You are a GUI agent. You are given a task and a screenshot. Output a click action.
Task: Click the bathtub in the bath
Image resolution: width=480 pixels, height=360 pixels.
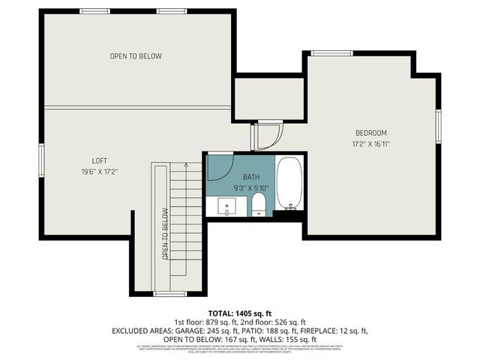(x=289, y=183)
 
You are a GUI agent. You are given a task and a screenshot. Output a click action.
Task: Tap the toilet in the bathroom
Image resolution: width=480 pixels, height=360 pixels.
(x=258, y=203)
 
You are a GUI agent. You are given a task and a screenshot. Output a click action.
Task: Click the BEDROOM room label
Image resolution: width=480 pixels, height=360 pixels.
(x=370, y=133)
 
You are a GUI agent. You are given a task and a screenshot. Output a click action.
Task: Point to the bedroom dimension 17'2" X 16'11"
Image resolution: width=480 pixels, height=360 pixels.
(x=370, y=143)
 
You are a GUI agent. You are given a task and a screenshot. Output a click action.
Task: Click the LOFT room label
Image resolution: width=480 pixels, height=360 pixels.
(x=100, y=160)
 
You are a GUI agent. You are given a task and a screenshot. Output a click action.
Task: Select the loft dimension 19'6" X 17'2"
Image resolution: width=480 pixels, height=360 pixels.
(x=100, y=171)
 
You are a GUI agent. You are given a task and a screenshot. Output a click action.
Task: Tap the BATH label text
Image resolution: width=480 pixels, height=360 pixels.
(x=250, y=176)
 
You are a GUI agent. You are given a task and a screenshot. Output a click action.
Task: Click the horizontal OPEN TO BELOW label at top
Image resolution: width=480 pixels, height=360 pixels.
(x=136, y=56)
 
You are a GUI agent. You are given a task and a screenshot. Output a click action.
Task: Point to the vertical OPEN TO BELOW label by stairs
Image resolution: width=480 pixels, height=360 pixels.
(x=165, y=233)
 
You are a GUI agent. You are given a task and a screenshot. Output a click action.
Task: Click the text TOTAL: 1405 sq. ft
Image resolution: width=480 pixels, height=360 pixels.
(x=240, y=313)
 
